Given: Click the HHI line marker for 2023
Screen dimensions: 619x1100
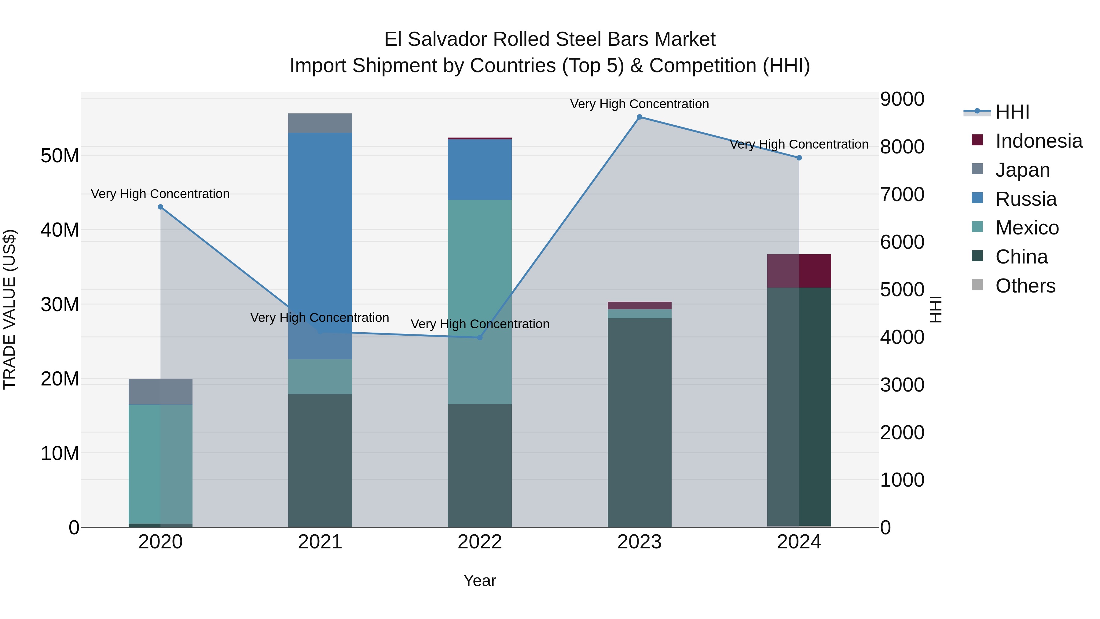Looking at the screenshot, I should click(x=639, y=117).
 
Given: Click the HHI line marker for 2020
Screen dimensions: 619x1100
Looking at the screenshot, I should click(x=160, y=207).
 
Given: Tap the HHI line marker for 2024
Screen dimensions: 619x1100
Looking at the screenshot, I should click(x=799, y=158).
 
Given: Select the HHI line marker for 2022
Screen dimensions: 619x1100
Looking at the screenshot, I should click(x=479, y=337).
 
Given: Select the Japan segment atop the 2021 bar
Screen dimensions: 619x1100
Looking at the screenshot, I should click(x=320, y=123).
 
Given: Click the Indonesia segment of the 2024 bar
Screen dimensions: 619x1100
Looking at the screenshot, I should click(x=799, y=271).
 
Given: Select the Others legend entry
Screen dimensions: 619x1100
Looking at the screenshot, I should click(x=1025, y=286).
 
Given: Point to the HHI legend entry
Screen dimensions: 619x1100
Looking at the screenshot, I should click(x=1012, y=112).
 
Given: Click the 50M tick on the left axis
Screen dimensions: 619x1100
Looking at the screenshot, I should click(x=60, y=156).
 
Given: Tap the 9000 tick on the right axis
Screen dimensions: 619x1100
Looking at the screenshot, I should click(x=902, y=99).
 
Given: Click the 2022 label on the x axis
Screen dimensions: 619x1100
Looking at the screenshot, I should click(x=479, y=542).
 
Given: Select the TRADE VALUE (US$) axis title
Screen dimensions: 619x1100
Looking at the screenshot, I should click(x=9, y=309).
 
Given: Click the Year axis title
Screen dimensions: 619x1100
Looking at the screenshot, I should click(x=479, y=580).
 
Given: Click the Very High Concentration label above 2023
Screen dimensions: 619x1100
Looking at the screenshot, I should click(x=639, y=104).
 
